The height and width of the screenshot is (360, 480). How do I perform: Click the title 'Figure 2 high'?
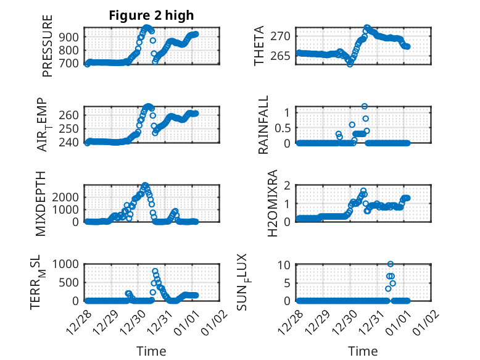click(x=151, y=15)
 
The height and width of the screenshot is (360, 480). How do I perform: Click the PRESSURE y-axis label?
click(x=48, y=46)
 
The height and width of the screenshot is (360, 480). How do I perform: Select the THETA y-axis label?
click(x=259, y=46)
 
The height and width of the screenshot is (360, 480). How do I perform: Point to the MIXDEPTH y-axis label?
click(x=41, y=203)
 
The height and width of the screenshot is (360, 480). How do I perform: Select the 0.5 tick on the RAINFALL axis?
click(x=282, y=128)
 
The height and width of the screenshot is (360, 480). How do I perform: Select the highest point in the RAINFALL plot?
click(x=365, y=106)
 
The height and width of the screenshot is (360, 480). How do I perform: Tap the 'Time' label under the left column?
click(x=151, y=351)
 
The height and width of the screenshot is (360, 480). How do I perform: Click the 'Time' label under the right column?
click(x=363, y=351)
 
